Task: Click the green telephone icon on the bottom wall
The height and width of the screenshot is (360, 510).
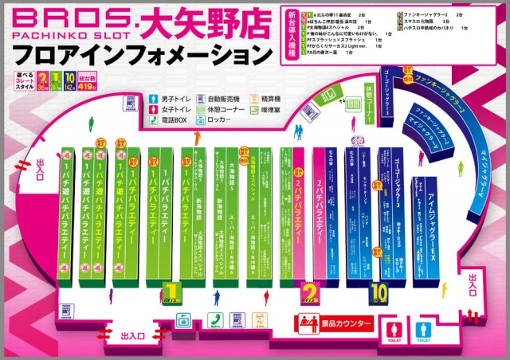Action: tap(214, 319)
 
